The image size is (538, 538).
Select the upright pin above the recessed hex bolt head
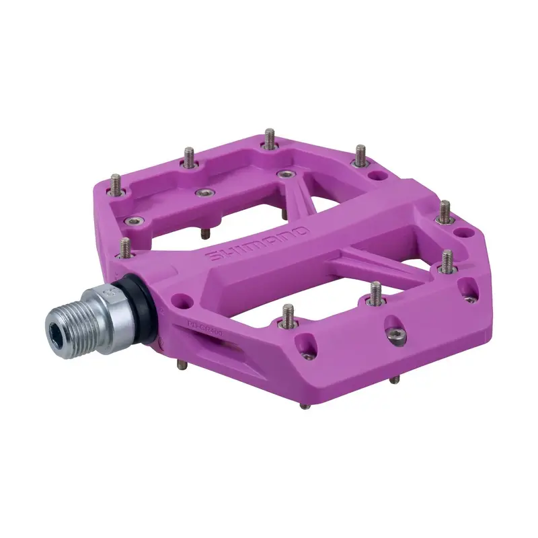coord(375,293)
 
